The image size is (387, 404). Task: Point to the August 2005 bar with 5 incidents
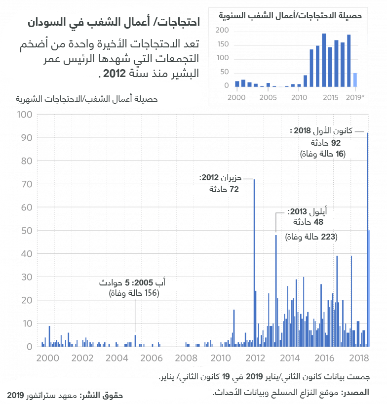point(135,341)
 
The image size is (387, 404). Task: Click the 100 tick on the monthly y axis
point(25,115)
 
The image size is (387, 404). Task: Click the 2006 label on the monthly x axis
point(151,358)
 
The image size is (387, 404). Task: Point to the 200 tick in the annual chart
point(223,31)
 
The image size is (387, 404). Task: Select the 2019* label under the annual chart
point(355,97)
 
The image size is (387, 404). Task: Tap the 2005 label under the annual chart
point(268,97)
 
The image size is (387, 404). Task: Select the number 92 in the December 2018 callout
point(336,143)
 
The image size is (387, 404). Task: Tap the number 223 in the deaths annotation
point(328,237)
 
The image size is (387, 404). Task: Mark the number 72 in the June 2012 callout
point(234,190)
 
